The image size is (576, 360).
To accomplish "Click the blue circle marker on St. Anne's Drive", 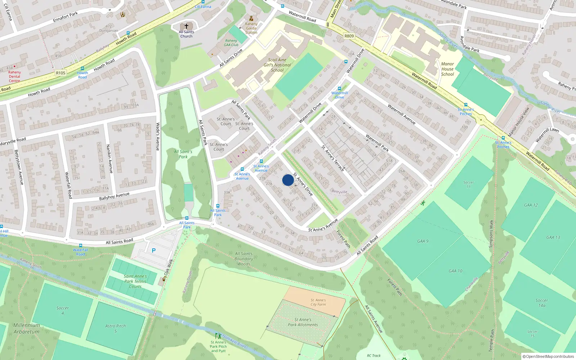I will point(288,180).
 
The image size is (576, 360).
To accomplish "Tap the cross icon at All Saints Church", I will point(186,26).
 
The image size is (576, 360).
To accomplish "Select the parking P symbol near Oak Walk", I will point(154,251).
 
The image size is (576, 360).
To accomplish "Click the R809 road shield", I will point(349,36).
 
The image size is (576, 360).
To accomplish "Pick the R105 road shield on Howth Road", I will point(60,73).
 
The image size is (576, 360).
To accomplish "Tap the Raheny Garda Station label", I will point(251,28).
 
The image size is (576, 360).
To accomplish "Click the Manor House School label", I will point(447,69).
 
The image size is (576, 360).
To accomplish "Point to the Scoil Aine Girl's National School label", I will point(277,65).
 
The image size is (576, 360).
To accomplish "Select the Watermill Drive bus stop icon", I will point(339,89).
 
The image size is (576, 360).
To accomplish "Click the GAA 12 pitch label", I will point(531,205).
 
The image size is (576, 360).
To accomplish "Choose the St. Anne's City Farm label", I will point(318,302).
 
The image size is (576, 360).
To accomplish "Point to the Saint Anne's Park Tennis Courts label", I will point(135,282).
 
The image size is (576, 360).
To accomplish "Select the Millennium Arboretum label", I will point(27,328).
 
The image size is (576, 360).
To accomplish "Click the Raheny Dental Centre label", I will point(14,76).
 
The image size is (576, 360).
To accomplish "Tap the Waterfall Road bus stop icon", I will point(81,246).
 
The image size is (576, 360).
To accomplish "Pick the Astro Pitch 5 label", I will point(116,328).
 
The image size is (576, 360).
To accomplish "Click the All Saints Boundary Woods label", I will point(244,259).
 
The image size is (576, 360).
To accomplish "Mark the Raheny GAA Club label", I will point(231,43).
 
